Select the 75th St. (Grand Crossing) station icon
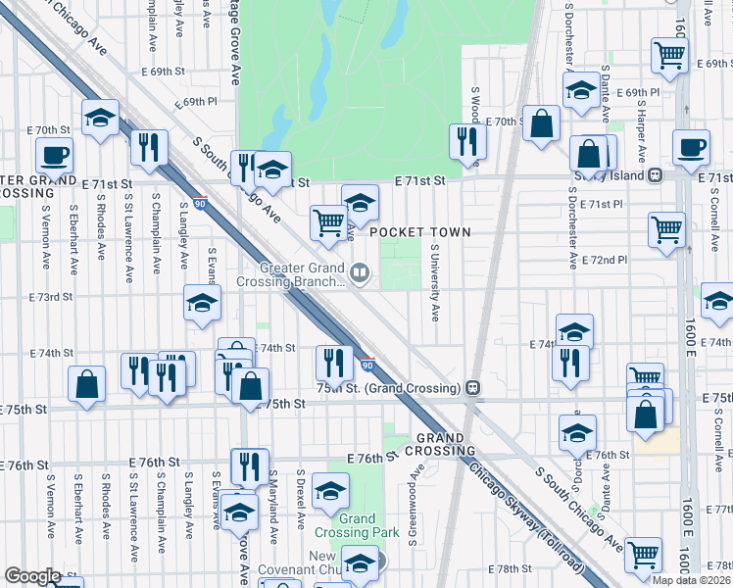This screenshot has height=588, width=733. [x=472, y=386]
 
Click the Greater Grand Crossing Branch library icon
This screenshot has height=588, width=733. [x=360, y=273]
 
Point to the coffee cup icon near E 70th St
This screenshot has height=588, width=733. [x=54, y=154]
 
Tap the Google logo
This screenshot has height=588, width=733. [x=32, y=576]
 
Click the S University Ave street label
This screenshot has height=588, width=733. [x=434, y=282]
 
